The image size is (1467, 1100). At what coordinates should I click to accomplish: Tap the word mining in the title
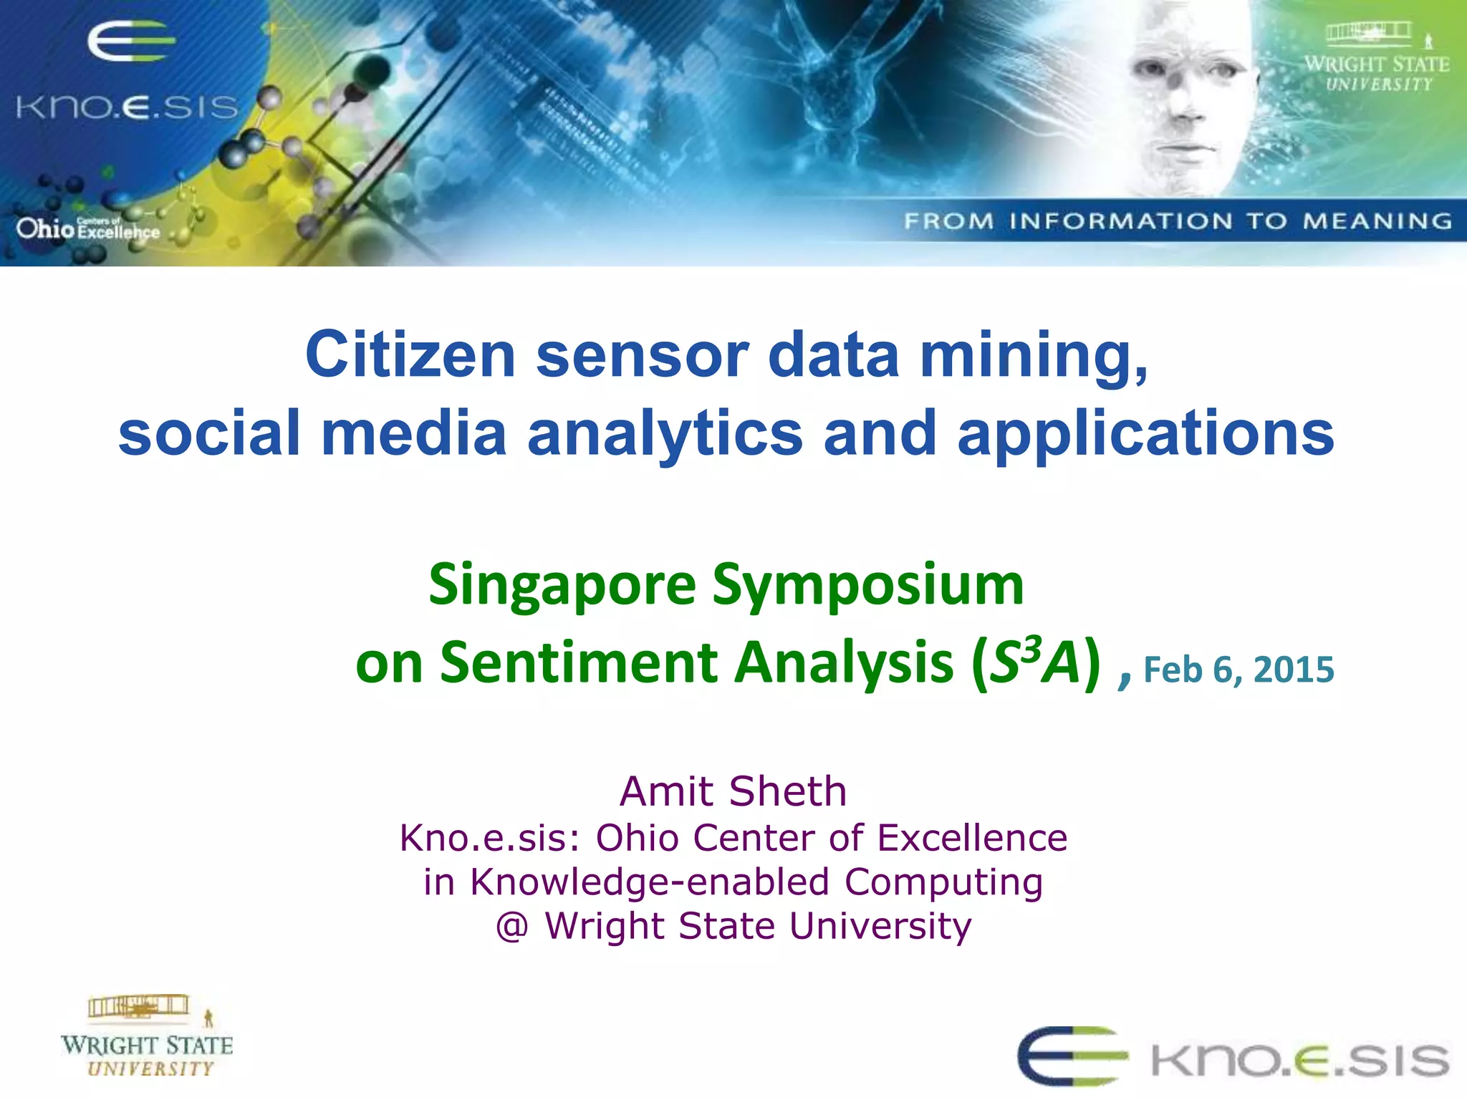point(1034,356)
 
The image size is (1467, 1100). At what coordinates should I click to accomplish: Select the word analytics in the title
point(665,433)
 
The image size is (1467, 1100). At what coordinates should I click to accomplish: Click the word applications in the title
point(1145,433)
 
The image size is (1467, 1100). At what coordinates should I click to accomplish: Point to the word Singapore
point(562,586)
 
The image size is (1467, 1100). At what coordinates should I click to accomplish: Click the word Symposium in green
point(868,586)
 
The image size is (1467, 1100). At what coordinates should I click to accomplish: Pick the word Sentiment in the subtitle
point(579,662)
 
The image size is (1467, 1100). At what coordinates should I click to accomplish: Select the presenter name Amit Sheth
point(733,791)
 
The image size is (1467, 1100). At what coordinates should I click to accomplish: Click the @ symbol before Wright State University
point(512,926)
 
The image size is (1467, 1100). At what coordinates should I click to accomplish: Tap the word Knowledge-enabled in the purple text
point(650,882)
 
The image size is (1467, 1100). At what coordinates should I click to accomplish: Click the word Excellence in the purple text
point(972,837)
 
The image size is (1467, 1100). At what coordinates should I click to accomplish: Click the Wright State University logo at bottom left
point(147,1036)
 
